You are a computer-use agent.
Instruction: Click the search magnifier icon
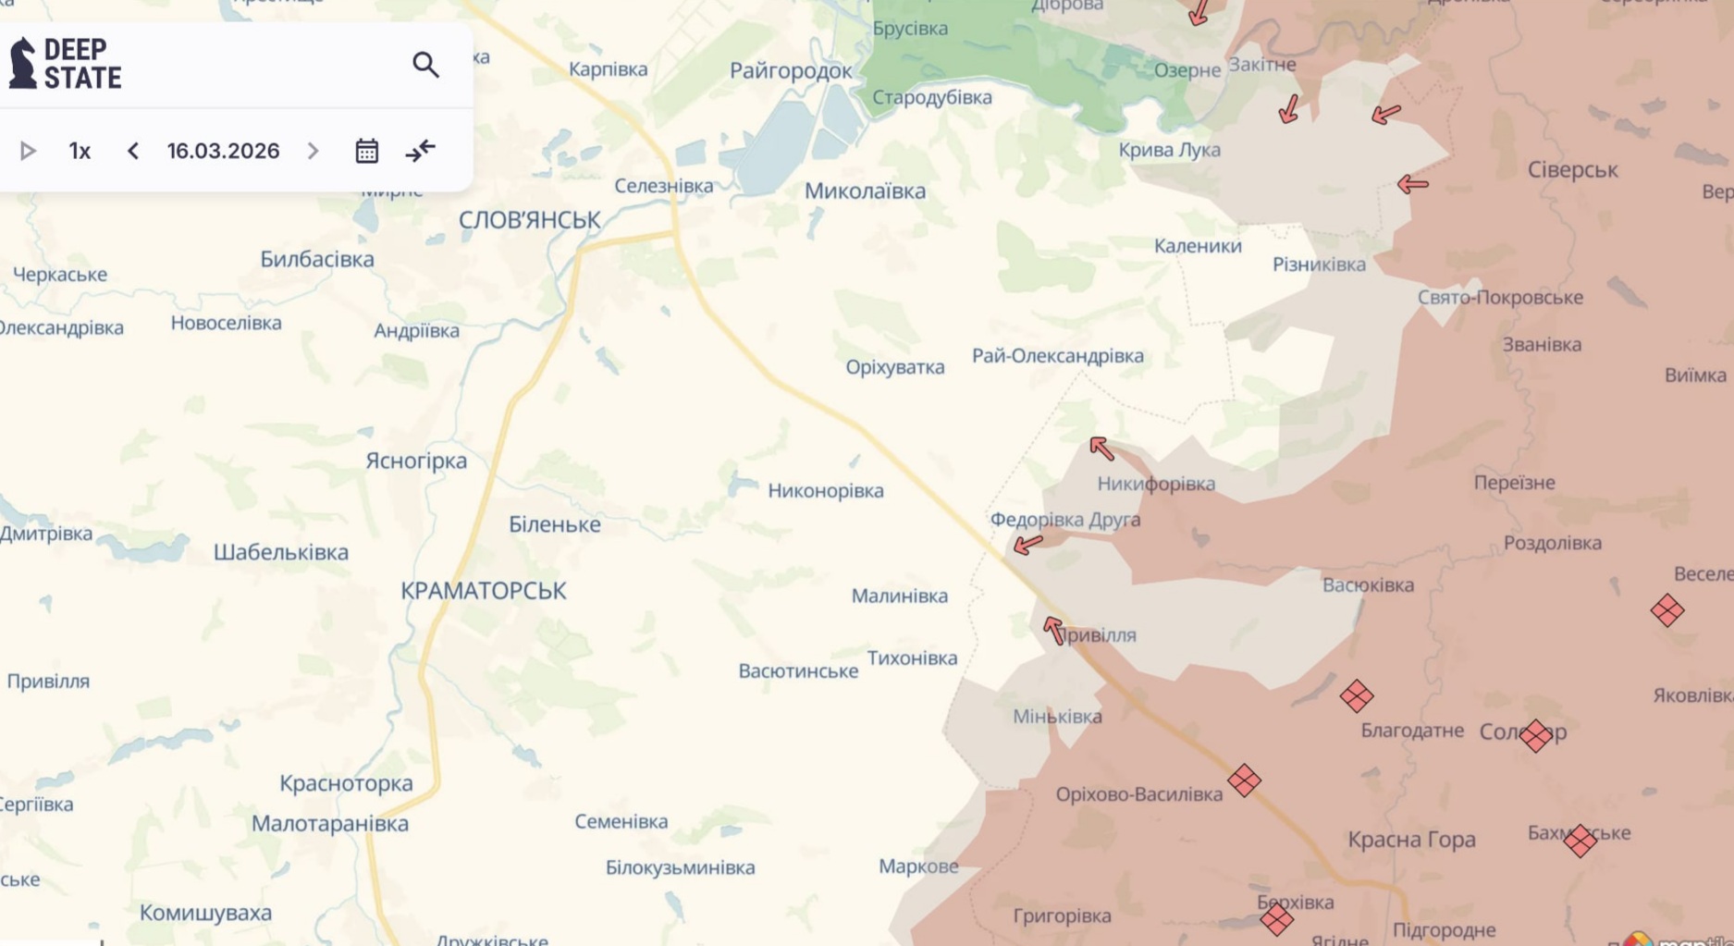(425, 65)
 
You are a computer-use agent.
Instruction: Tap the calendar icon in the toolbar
(367, 151)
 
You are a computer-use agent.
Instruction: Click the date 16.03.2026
(223, 151)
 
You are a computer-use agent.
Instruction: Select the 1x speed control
(80, 151)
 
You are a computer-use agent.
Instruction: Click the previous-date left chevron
(133, 151)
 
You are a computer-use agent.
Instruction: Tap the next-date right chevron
(313, 151)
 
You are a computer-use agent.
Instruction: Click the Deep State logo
(65, 64)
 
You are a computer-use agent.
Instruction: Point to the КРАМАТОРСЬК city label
(483, 591)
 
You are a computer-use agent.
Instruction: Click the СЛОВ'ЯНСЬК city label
(529, 220)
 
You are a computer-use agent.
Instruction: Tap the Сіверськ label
(1572, 170)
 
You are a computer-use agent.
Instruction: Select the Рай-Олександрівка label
(1057, 356)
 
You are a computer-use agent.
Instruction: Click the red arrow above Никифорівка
(1101, 449)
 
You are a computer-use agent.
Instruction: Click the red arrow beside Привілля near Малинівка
(1054, 631)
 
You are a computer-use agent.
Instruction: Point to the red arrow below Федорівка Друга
(1027, 545)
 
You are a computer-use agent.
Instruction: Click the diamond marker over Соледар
(1535, 736)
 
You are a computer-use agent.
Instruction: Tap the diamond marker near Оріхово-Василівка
(1244, 780)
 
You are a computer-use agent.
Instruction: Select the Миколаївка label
(865, 191)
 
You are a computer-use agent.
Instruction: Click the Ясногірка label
(416, 461)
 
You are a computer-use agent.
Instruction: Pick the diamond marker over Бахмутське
(1580, 841)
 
